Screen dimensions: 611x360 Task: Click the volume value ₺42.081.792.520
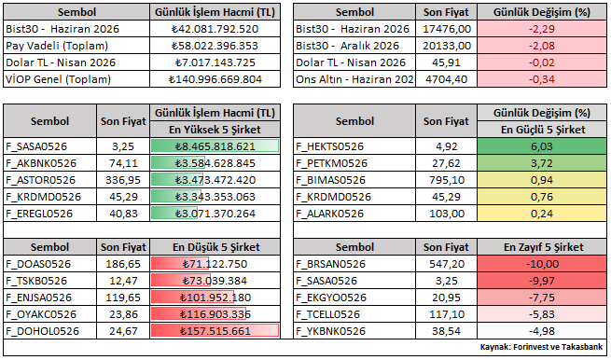point(215,29)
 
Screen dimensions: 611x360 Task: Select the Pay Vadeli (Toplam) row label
point(57,46)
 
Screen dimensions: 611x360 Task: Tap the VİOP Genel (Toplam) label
point(59,79)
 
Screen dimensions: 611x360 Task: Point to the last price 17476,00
point(447,29)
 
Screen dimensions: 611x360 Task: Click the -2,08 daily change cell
point(542,46)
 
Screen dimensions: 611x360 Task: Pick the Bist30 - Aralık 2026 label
point(347,46)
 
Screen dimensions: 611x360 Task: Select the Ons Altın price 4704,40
point(447,79)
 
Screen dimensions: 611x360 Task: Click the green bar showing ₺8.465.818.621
point(215,146)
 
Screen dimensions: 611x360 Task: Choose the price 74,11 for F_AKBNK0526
point(123,163)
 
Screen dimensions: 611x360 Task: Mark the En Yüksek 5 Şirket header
point(215,130)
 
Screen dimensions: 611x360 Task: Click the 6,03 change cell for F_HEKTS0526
point(542,146)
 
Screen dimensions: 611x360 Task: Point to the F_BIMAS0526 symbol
point(331,180)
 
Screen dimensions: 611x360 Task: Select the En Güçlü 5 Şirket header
point(543,130)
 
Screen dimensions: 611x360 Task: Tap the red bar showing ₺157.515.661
point(215,331)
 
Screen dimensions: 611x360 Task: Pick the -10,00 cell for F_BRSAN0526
point(542,264)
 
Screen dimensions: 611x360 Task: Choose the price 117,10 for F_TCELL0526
point(447,314)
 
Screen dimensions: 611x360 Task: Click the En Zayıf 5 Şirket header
point(544,247)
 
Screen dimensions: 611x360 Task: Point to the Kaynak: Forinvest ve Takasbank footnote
point(541,346)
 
